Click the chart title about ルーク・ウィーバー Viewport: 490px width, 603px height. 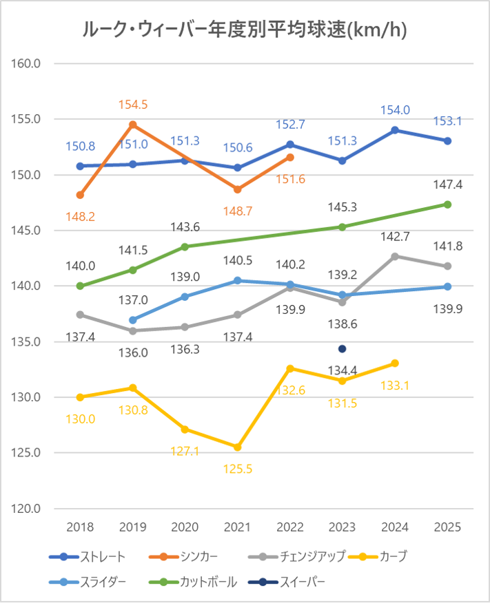point(244,29)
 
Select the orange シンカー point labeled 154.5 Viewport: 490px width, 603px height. point(133,125)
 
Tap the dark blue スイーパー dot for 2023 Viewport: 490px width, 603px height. point(342,348)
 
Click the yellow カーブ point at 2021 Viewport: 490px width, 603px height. point(238,447)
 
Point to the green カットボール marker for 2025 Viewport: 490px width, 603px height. point(447,204)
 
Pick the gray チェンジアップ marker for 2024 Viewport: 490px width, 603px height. point(395,256)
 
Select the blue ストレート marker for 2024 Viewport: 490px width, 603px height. point(395,130)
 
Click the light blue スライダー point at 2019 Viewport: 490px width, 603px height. point(133,320)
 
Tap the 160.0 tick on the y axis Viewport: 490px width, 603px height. point(27,63)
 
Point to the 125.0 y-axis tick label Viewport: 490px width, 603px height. point(27,453)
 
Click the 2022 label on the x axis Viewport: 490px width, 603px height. point(290,527)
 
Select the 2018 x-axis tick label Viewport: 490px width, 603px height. point(81,527)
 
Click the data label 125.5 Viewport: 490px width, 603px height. point(238,469)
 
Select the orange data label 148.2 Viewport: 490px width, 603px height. point(81,216)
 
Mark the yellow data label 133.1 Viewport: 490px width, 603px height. point(395,385)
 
